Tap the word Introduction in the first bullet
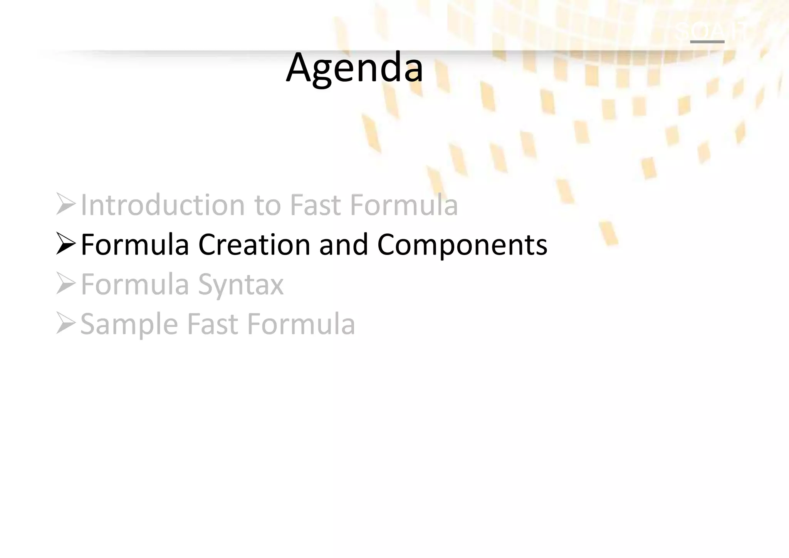[162, 205]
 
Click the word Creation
[254, 245]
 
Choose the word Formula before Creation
[135, 245]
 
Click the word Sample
[129, 325]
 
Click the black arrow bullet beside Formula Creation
[66, 244]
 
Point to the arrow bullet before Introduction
[66, 204]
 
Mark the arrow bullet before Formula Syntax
[66, 283]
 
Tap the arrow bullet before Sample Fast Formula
[66, 323]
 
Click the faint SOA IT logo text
[711, 30]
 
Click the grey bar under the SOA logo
[707, 42]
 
